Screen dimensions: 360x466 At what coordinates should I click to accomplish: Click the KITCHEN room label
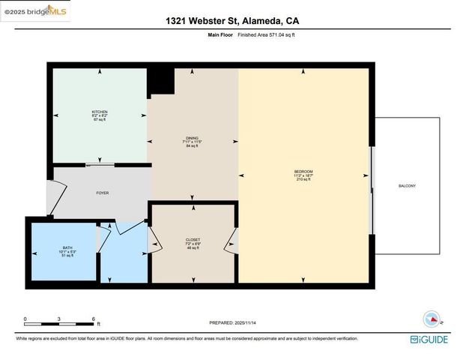[x=100, y=112]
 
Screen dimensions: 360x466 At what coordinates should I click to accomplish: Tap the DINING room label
[x=193, y=138]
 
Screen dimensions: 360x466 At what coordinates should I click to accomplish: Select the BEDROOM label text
[x=303, y=172]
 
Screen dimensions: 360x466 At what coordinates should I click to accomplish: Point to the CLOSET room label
[x=193, y=239]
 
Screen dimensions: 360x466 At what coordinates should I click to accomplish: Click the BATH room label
[x=68, y=247]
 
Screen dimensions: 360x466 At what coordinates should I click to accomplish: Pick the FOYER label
[x=103, y=193]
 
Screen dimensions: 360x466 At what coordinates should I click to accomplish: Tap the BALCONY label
[x=407, y=186]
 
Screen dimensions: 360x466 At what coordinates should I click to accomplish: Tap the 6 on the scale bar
[x=94, y=318]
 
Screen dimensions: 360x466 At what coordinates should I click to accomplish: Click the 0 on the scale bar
[x=25, y=318]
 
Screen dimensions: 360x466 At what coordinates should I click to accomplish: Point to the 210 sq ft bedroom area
[x=303, y=180]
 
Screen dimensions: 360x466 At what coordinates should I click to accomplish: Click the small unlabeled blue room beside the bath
[x=123, y=255]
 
